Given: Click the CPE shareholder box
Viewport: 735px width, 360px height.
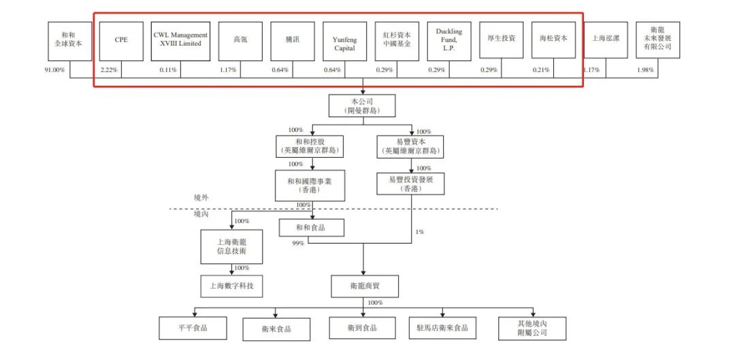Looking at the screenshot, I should point(121,40).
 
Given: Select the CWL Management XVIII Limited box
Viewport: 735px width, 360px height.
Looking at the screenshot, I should point(180,40).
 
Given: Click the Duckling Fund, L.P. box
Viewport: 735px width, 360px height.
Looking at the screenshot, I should point(449,40).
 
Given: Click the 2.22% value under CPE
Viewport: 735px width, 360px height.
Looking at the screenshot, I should point(110,70).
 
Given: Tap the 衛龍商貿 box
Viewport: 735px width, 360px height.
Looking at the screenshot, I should point(365,287).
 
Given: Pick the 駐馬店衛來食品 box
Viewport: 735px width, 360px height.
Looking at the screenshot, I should point(442,328).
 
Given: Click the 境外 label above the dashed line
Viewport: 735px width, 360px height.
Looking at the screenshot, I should point(201,197).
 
